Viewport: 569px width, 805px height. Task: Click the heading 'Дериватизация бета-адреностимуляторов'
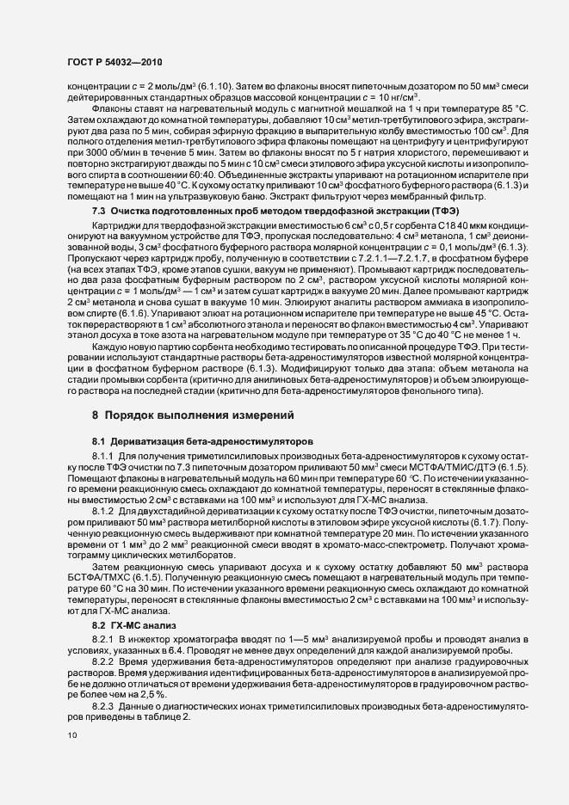(216, 439)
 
